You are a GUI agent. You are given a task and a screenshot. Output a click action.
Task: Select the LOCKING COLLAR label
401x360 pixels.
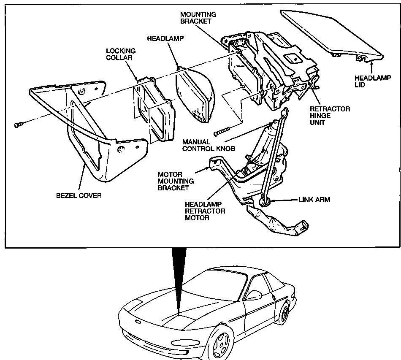coord(121,54)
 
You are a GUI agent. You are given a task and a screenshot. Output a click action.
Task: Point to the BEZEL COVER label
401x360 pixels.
coord(79,196)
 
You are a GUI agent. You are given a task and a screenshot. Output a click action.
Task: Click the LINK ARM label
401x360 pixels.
coord(314,200)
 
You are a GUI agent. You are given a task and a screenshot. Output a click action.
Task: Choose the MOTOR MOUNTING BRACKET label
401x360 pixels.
coord(176,181)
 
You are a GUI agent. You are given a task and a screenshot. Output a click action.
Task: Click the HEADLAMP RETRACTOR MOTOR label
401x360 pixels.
coord(205,211)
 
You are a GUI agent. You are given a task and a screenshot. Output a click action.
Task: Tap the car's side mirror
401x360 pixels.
coord(254,292)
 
